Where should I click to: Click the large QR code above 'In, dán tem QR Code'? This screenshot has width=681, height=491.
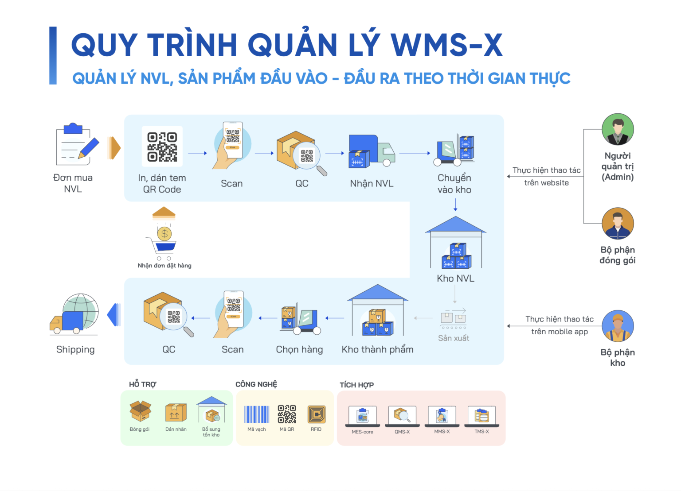[x=162, y=147]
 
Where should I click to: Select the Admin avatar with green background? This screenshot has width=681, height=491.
[x=618, y=129]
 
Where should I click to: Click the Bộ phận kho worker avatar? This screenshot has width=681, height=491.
[x=618, y=326]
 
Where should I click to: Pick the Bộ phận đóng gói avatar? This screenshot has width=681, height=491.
[x=618, y=224]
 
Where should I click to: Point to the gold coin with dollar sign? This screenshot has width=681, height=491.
[x=164, y=234]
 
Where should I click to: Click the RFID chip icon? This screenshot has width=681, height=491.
[x=317, y=414]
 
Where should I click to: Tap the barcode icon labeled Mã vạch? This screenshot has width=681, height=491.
[x=257, y=414]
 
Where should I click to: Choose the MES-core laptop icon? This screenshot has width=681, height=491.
[x=362, y=416]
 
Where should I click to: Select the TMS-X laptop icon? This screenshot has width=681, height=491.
[x=481, y=416]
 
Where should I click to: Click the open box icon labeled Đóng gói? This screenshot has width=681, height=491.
[x=140, y=411]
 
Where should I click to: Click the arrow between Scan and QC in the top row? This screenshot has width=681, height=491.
[x=264, y=153]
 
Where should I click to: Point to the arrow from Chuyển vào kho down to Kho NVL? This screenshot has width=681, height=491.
[x=455, y=205]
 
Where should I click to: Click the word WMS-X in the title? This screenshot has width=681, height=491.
[x=446, y=45]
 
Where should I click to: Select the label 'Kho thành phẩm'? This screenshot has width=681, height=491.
[x=377, y=349]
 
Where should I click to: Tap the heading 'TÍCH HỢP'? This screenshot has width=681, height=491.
[x=356, y=385]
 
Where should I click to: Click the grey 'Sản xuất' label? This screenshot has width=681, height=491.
[x=453, y=338]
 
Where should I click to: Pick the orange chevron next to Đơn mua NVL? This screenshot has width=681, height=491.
[x=113, y=148]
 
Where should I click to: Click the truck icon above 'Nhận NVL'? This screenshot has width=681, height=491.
[x=372, y=151]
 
